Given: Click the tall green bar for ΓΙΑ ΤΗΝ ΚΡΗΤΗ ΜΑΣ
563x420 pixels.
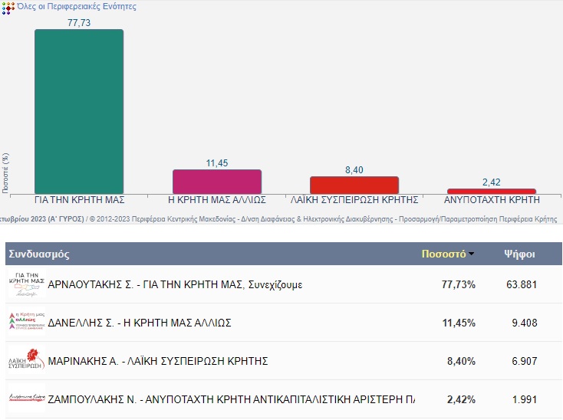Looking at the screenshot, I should [79, 111].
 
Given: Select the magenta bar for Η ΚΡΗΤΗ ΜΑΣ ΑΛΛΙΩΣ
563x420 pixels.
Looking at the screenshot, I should [217, 182].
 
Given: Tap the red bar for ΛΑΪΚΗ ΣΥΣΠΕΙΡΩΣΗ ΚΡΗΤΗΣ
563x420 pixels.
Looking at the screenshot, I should [354, 185].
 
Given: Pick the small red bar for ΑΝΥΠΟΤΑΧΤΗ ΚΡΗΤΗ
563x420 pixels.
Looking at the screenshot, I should [492, 191].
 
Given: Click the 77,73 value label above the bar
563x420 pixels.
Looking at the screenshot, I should [79, 23].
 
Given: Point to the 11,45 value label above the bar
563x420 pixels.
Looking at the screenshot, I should [217, 163].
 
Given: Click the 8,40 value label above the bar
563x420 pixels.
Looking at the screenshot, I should [354, 170].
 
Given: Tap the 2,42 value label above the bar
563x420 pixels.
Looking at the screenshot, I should [492, 182].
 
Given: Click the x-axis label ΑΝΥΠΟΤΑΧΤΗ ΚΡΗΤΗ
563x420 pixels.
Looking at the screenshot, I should [492, 199].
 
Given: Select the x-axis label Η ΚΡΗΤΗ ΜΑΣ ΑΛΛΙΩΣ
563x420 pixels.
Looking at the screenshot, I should [217, 199].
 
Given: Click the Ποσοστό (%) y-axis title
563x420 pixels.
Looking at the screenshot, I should [5, 172].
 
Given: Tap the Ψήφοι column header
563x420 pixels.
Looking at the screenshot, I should [519, 254].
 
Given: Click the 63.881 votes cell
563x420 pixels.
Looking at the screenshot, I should [521, 284].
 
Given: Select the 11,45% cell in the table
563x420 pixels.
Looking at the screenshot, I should [459, 323].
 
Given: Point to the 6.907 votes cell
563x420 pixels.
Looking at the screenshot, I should [524, 361].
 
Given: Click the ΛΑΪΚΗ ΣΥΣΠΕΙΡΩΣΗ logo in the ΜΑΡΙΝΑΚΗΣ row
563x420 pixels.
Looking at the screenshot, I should [27, 360].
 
